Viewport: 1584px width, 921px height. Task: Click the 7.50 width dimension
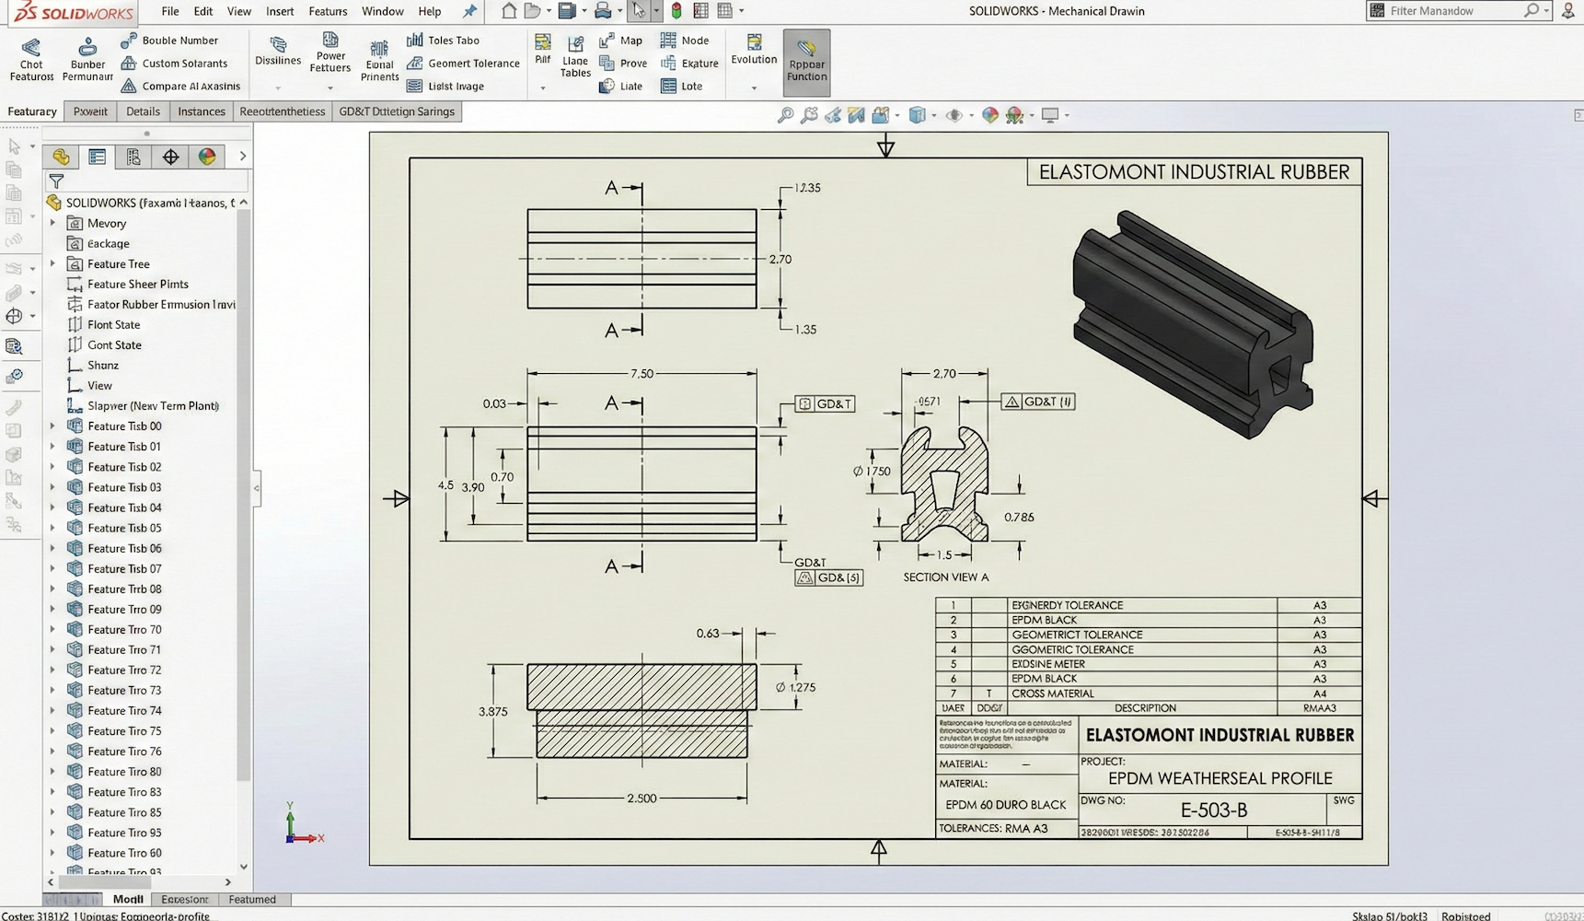642,374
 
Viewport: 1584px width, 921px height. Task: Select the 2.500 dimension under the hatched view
642,799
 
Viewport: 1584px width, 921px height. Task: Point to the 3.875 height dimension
492,712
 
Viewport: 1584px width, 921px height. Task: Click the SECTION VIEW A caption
945,577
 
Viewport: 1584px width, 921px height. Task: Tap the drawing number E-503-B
1213,810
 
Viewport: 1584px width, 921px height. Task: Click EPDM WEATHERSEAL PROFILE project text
1220,778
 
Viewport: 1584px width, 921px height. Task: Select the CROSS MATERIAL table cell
1052,694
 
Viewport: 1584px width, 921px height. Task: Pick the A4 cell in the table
1319,694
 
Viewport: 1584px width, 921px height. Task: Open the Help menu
429,11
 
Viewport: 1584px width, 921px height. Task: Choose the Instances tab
201,111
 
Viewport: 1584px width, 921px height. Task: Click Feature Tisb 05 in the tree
124,528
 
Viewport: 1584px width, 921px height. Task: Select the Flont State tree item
113,325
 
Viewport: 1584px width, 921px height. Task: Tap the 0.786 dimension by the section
1019,518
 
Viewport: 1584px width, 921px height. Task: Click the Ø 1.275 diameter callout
795,687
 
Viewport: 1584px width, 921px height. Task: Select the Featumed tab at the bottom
251,900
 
